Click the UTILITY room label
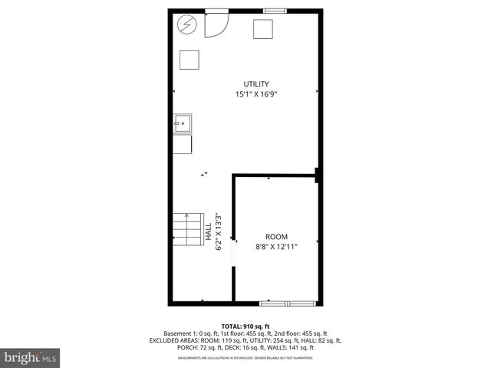(256, 84)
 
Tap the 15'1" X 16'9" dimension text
(256, 94)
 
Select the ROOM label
(276, 236)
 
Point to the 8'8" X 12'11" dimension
(276, 246)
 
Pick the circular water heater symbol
(186, 25)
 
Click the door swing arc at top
(216, 26)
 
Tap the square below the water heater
(189, 60)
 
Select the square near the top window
(264, 28)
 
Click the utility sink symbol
(183, 123)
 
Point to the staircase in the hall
(186, 228)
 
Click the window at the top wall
(275, 10)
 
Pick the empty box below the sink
(183, 143)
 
